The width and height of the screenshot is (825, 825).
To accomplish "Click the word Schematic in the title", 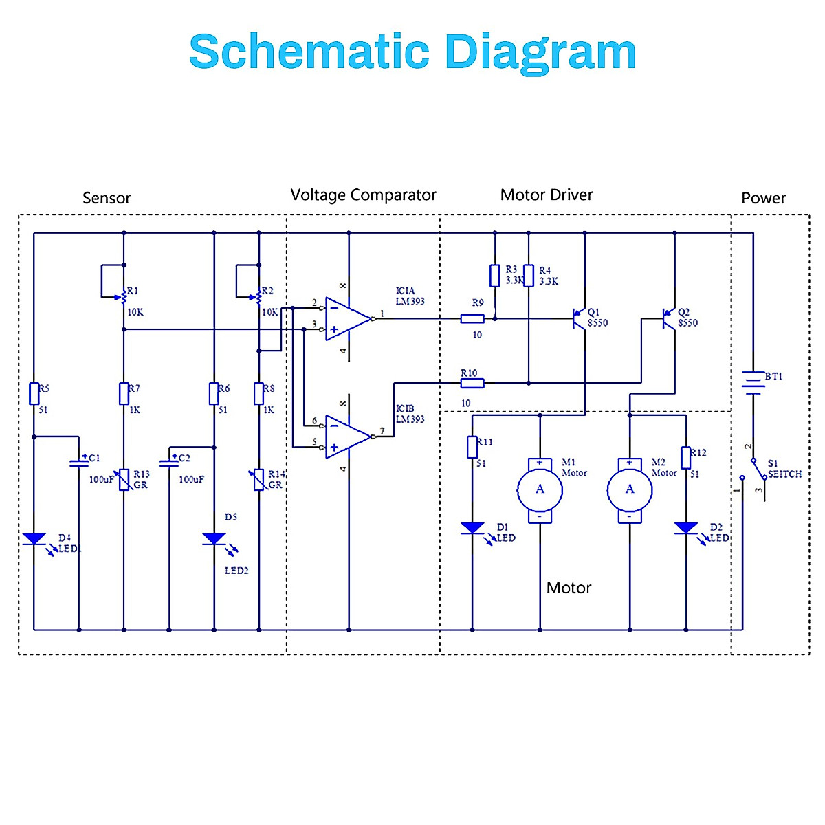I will pos(309,52).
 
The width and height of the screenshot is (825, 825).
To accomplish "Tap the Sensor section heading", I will pos(107,198).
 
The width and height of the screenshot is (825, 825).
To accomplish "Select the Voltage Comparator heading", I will pos(363,195).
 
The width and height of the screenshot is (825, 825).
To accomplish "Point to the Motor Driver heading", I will pos(547,195).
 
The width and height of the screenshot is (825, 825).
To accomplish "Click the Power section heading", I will pos(763,198).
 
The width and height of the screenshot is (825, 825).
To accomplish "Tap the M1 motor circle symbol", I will pos(540,489).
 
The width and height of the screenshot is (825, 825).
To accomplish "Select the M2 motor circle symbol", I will pos(630,489).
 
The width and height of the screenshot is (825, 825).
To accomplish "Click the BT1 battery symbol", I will pos(753,382).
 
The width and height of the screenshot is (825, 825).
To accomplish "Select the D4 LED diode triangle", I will pos(34,539).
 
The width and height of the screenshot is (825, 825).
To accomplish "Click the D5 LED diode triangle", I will pos(214,539).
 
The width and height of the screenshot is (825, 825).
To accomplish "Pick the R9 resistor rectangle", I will pos(472,318).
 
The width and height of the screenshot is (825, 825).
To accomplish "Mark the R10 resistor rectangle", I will pos(472,383).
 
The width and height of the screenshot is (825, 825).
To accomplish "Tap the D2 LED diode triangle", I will pos(686,528).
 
